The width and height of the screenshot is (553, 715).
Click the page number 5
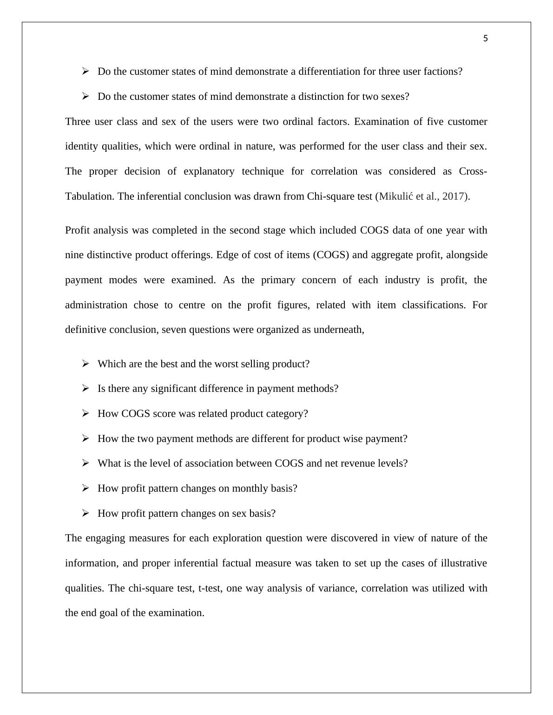point(485,39)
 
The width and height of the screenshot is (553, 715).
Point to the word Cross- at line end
point(473,171)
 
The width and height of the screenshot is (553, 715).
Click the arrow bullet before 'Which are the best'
point(85,364)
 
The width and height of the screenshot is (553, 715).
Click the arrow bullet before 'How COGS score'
point(85,414)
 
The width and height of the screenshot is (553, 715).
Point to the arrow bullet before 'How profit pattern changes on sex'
point(85,513)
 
